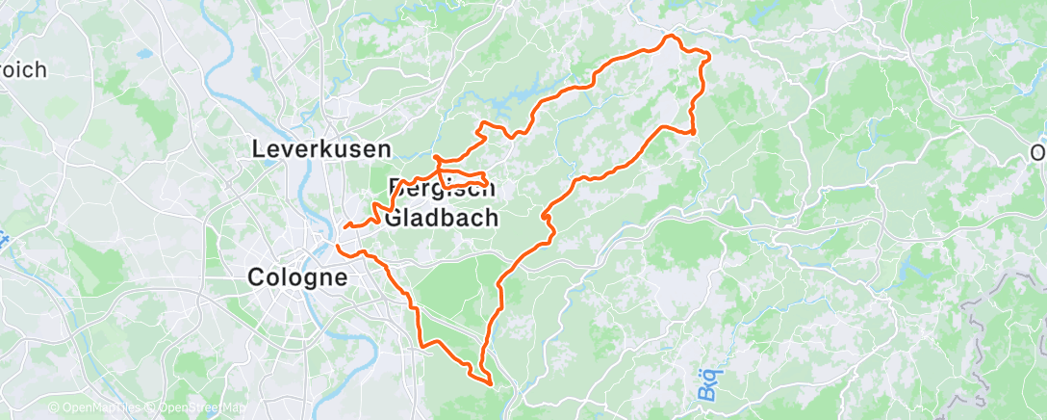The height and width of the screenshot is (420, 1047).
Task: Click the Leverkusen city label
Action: [x=321, y=149]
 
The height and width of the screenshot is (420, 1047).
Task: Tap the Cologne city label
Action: [x=296, y=277]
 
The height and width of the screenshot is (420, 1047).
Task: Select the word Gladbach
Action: [x=442, y=218]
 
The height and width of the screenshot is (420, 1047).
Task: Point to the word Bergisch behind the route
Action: [x=442, y=188]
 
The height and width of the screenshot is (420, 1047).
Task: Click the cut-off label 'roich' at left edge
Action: [x=23, y=69]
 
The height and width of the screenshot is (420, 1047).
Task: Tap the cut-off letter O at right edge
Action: [x=1037, y=153]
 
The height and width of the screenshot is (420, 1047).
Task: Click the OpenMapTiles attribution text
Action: [x=101, y=407]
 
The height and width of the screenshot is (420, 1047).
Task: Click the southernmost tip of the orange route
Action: [x=492, y=384]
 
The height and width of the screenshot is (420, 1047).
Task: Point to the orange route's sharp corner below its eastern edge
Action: [x=693, y=131]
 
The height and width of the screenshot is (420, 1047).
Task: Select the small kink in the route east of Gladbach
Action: [x=547, y=220]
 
